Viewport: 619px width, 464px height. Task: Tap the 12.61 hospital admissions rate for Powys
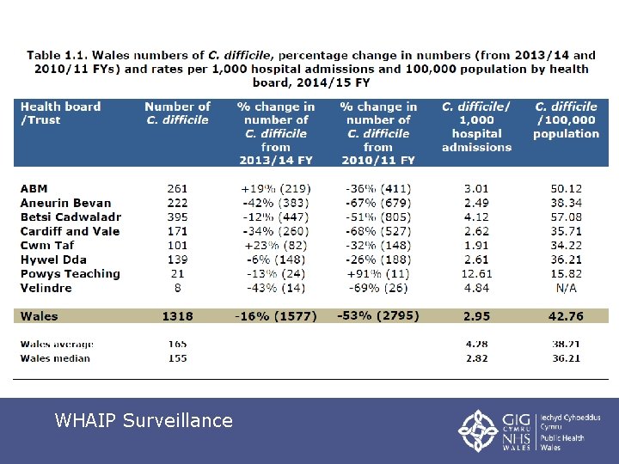(x=476, y=274)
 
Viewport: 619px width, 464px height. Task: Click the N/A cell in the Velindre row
(x=565, y=288)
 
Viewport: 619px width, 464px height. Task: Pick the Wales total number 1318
(x=178, y=316)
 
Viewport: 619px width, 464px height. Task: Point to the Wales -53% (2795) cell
(x=377, y=315)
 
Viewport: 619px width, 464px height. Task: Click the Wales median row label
(x=55, y=358)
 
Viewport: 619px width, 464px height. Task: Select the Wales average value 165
(x=178, y=344)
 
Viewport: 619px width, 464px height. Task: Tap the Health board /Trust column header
(x=60, y=113)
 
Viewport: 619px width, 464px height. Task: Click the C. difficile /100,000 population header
(x=566, y=120)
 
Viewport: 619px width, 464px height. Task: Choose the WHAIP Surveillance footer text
(x=144, y=420)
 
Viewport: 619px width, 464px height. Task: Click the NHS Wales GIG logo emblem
(x=476, y=429)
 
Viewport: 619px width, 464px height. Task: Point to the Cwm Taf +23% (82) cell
(x=276, y=246)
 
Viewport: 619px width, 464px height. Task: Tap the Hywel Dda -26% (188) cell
(x=377, y=259)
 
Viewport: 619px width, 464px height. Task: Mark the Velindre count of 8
(x=178, y=288)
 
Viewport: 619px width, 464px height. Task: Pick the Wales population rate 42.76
(x=565, y=316)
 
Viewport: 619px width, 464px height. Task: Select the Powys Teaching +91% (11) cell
(x=377, y=274)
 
